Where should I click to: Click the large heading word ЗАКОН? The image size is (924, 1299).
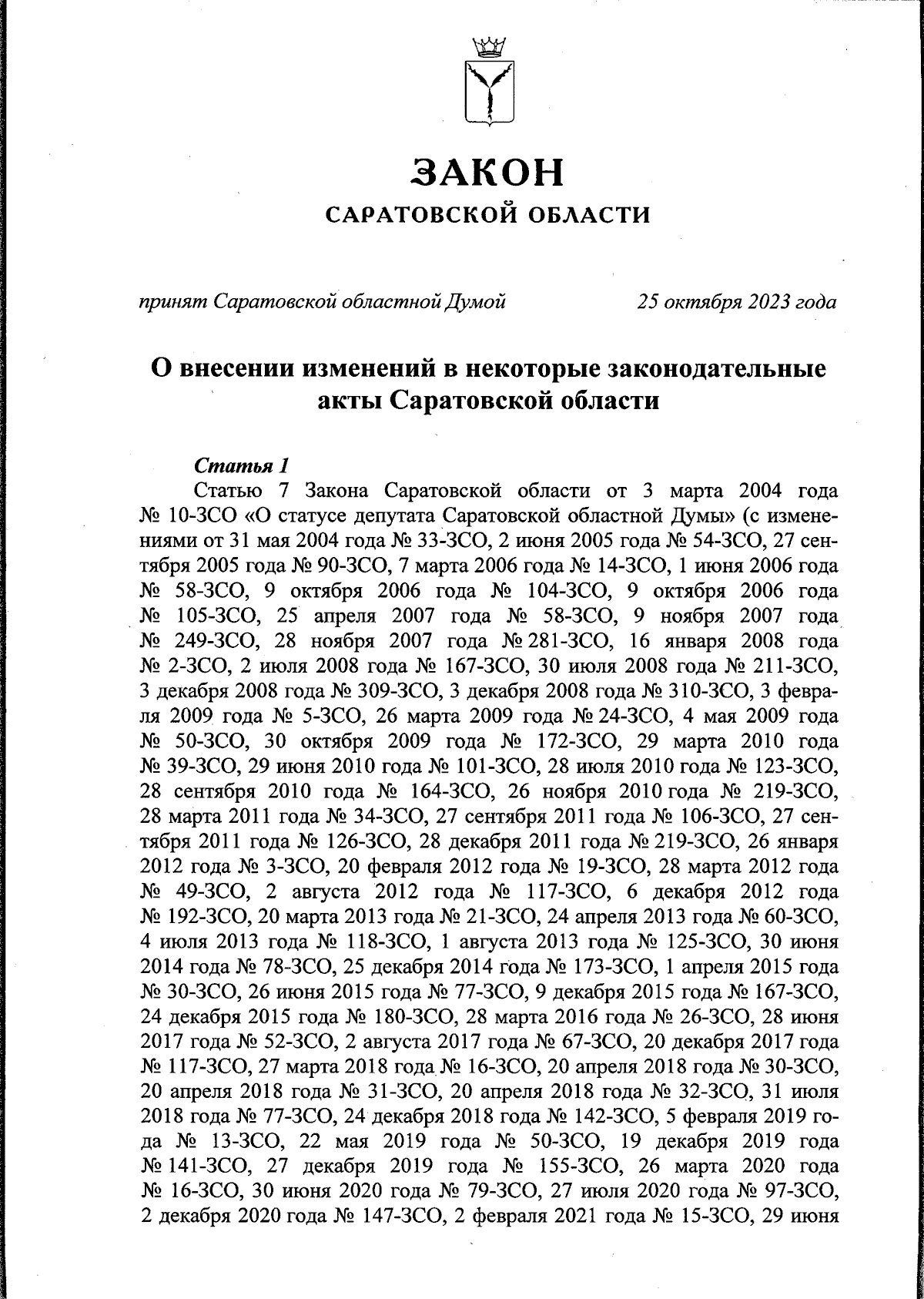[487, 173]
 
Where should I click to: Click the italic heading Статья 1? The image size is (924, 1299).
[242, 466]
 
